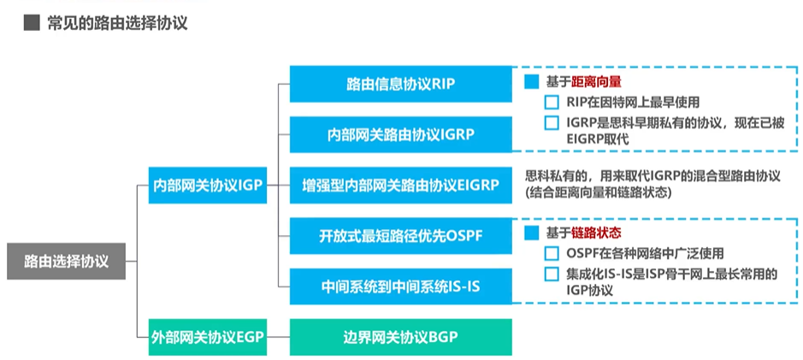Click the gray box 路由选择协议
click(67, 260)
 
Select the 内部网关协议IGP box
click(207, 185)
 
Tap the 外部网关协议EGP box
click(207, 336)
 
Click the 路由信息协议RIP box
click(400, 84)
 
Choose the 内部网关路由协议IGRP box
click(400, 134)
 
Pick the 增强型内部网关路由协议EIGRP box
click(400, 185)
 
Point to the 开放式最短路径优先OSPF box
click(400, 235)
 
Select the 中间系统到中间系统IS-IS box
click(400, 286)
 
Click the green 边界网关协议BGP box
click(400, 336)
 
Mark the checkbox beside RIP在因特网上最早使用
click(552, 103)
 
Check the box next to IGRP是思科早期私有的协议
click(552, 123)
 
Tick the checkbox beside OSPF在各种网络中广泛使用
click(552, 254)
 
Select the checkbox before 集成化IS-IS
click(552, 274)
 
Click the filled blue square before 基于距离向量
click(531, 82)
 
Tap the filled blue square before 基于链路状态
click(531, 233)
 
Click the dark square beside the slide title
click(32, 23)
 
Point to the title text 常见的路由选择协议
click(117, 23)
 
